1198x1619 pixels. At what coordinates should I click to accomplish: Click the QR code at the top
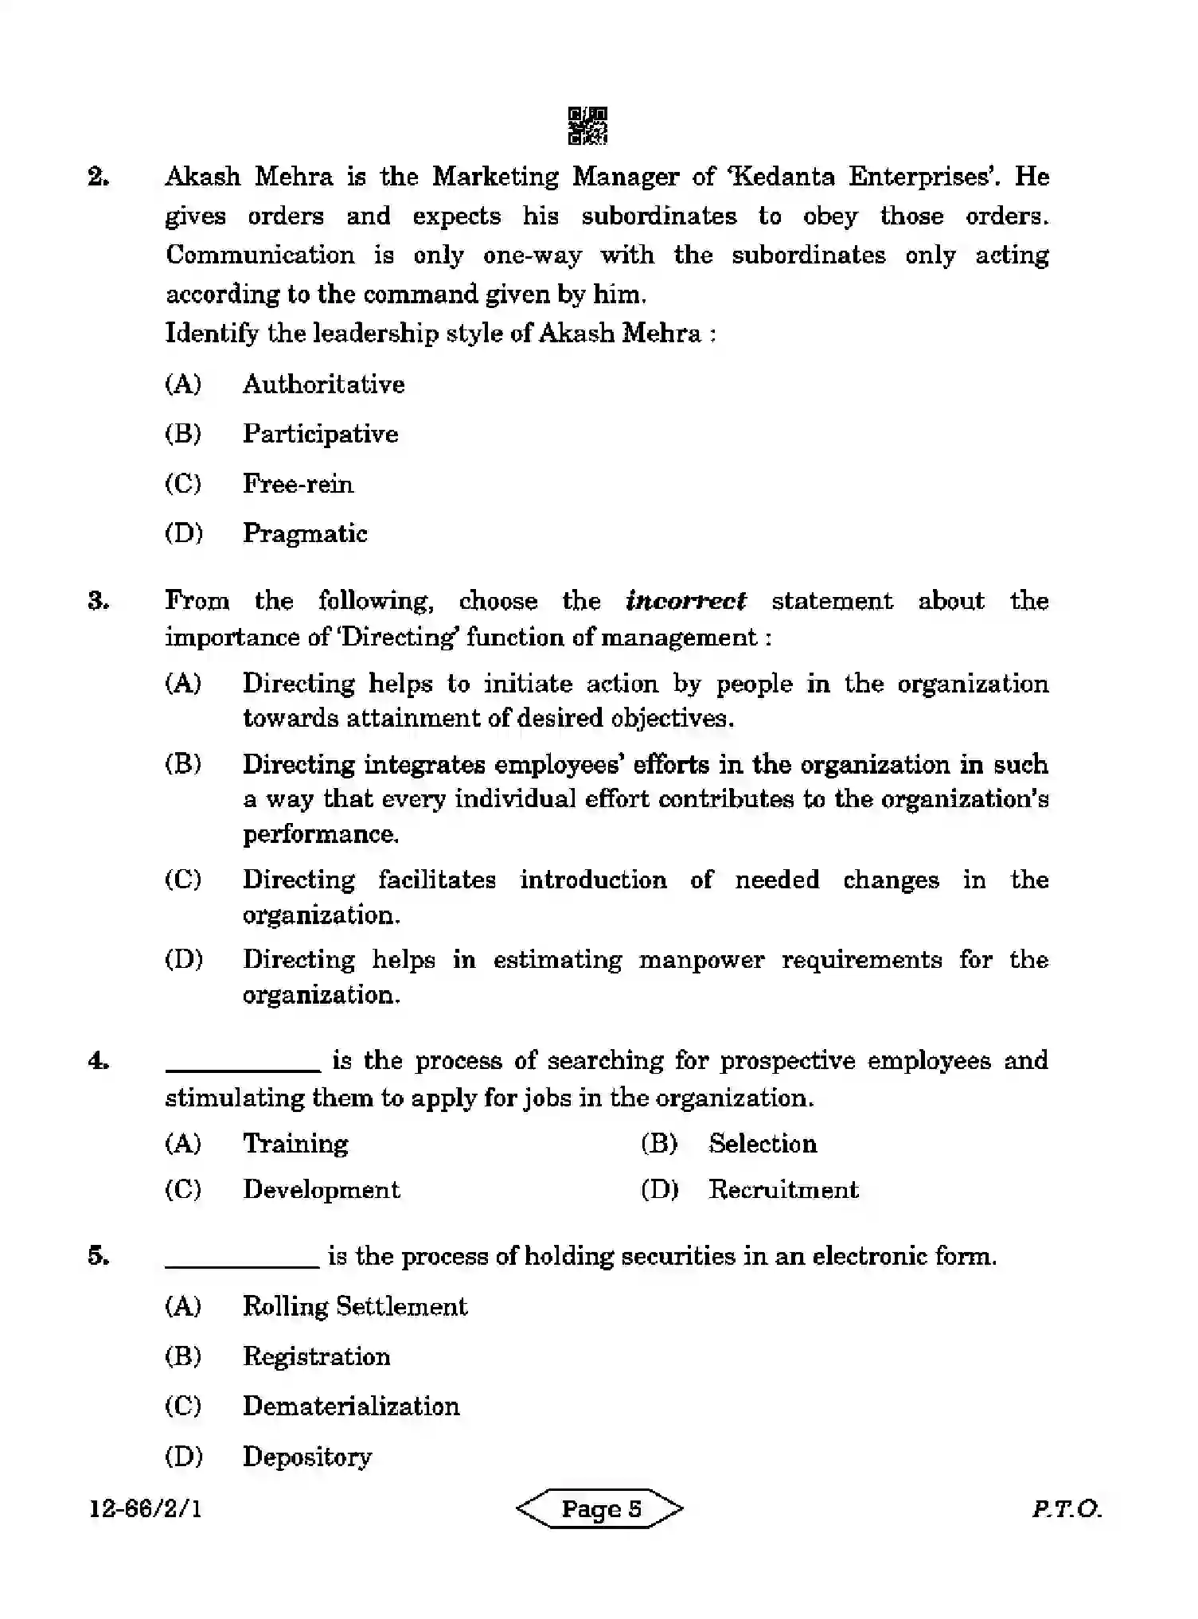[587, 126]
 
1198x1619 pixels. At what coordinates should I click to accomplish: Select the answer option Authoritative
[323, 384]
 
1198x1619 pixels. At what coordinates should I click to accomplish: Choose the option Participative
[320, 434]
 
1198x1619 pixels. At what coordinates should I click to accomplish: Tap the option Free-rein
[298, 484]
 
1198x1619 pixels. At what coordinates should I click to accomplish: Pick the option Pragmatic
[305, 533]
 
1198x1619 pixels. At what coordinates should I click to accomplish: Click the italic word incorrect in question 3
[686, 600]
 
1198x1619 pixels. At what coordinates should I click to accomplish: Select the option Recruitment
[783, 1189]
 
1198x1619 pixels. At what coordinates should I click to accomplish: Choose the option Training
[295, 1144]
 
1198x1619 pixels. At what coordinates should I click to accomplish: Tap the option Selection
[763, 1144]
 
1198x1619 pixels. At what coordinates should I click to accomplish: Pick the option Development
[321, 1189]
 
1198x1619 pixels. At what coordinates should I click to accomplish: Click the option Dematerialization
[351, 1406]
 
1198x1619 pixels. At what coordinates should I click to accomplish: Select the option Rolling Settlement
[355, 1306]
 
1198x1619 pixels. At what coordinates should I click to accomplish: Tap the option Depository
[307, 1456]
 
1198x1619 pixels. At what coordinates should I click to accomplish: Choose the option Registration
[316, 1356]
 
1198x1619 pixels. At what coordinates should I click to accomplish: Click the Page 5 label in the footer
[600, 1508]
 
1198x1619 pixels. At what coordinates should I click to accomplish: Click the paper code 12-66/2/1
[146, 1508]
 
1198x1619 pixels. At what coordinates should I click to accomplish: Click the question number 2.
[99, 177]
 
